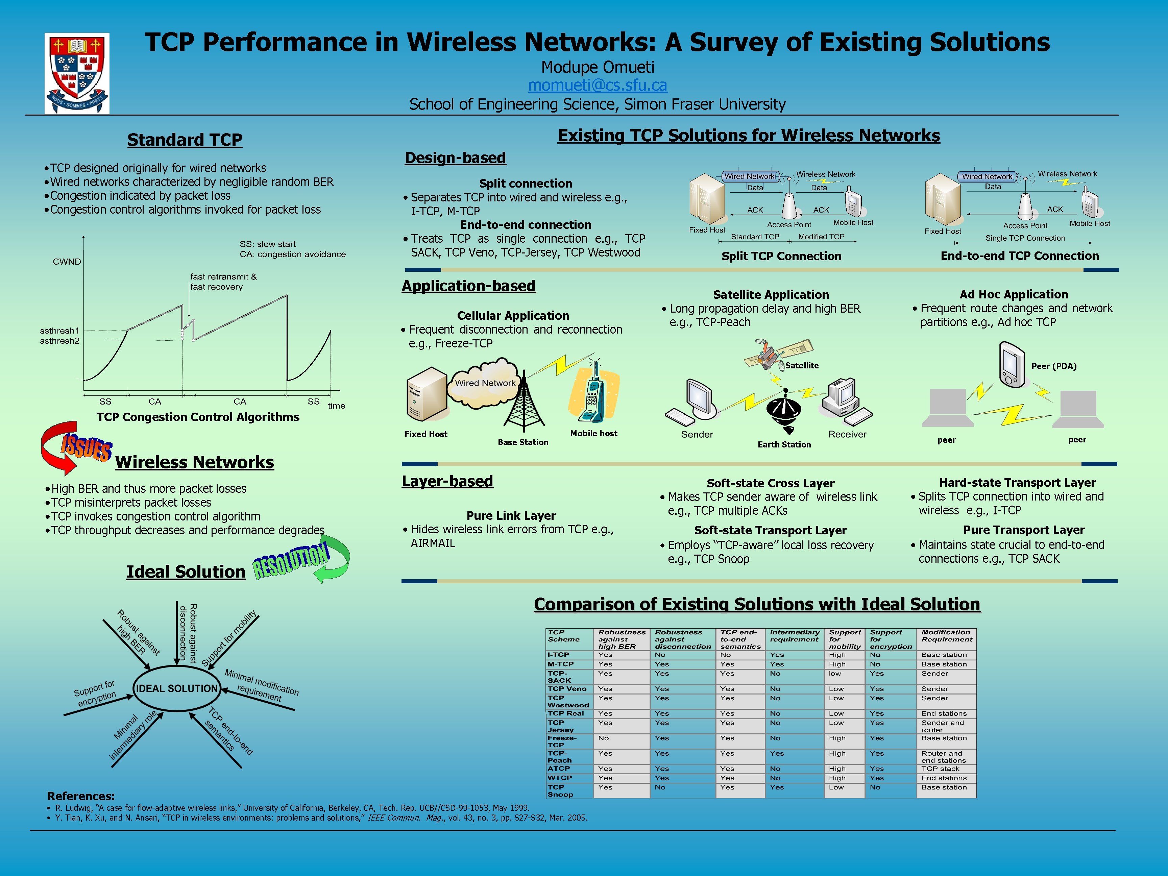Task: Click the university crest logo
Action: (77, 73)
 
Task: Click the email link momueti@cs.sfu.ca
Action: (598, 85)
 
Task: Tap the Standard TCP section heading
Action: (185, 140)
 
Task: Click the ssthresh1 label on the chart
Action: (59, 331)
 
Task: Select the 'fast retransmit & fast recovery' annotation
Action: (223, 282)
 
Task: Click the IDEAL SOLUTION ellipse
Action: (176, 688)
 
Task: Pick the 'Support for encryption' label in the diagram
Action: (95, 693)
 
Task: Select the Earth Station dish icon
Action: (784, 412)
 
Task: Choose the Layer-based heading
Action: (447, 482)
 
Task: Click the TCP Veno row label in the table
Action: (566, 688)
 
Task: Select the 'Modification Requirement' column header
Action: (946, 636)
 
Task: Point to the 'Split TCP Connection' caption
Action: (781, 257)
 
